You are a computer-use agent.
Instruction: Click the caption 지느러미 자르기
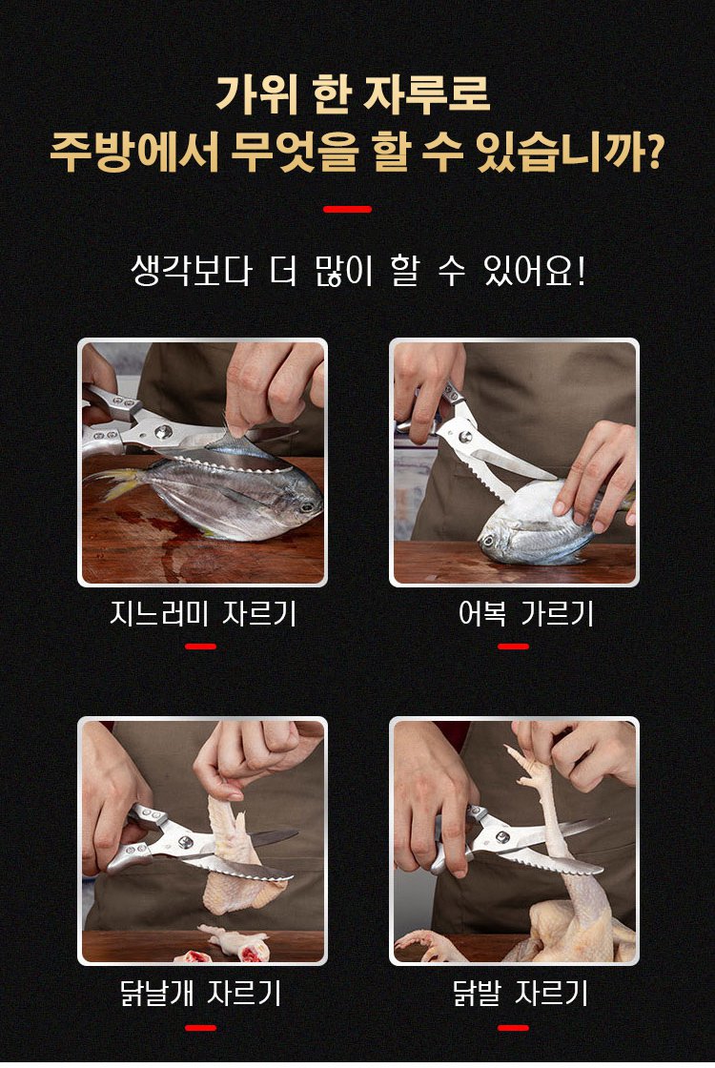[203, 614]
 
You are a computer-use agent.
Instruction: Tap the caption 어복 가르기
[526, 614]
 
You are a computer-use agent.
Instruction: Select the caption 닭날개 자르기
[201, 993]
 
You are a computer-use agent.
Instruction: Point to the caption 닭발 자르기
[521, 993]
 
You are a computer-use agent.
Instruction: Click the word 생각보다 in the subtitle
[192, 271]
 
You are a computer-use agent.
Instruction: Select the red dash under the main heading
[347, 209]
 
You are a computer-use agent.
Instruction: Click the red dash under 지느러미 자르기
[201, 647]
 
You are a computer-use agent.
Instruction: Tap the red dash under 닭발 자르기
[514, 1027]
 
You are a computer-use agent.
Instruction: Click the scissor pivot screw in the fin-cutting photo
[162, 432]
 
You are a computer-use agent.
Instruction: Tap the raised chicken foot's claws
[523, 764]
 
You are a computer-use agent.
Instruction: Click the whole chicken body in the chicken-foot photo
[579, 930]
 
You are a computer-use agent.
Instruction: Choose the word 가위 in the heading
[257, 94]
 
